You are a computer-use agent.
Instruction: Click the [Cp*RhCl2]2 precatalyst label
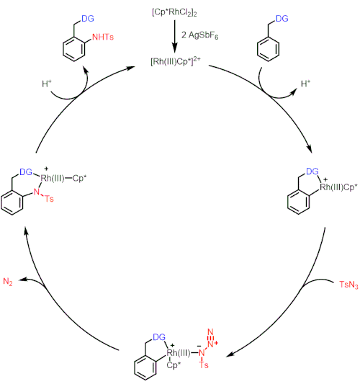coord(174,12)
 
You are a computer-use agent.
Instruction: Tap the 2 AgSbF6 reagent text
coord(199,35)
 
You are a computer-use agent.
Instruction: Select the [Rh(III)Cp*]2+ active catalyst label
coord(175,61)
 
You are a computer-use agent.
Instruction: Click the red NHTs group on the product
coord(103,37)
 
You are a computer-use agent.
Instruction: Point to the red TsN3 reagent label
coord(348,285)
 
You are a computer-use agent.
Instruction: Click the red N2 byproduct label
coord(8,282)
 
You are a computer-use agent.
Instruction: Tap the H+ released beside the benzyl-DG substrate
coord(305,84)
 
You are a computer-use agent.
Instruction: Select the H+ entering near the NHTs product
coord(47,84)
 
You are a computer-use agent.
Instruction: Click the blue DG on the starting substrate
coord(282,18)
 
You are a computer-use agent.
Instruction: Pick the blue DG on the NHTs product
coord(88,18)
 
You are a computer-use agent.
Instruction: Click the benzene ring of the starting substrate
coord(268,49)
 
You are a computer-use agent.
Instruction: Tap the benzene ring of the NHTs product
coord(74,49)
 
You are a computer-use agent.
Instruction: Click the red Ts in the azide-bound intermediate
coord(204,365)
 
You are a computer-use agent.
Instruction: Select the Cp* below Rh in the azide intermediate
coord(174,365)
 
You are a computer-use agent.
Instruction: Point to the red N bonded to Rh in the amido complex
coord(37,192)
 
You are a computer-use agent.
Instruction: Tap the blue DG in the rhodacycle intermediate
coord(312,171)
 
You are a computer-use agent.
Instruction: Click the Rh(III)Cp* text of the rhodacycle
coord(338,187)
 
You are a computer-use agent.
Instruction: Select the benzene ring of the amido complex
coord(12,203)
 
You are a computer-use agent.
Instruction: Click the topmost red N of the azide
coord(210,332)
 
